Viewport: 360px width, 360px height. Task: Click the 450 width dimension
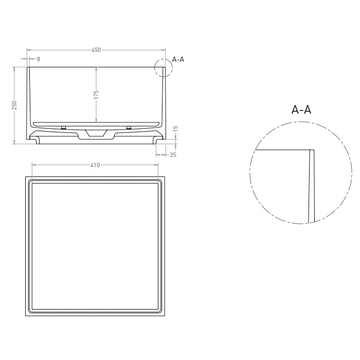(x=96, y=50)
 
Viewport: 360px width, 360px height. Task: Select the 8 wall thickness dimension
(x=38, y=59)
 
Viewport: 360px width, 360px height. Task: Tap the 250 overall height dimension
(x=15, y=105)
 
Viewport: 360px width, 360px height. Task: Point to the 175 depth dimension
(x=96, y=95)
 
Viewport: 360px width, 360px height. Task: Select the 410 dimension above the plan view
(x=95, y=166)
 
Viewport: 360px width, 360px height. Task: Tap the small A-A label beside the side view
(x=178, y=60)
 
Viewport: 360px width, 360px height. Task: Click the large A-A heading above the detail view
(x=301, y=110)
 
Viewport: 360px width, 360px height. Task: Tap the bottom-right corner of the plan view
(x=165, y=316)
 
